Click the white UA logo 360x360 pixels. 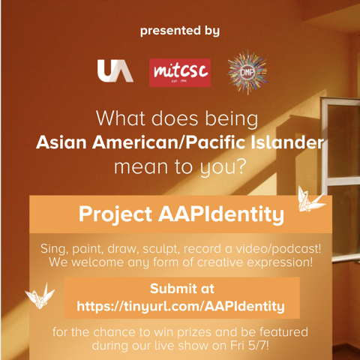(x=115, y=70)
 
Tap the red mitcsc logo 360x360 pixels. (x=180, y=73)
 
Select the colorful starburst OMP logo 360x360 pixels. (x=247, y=72)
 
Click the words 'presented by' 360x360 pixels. (x=180, y=31)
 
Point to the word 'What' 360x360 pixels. (x=121, y=118)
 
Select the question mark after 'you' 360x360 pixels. (x=241, y=166)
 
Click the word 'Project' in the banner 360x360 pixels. (x=115, y=215)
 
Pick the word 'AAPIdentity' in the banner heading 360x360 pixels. (x=221, y=215)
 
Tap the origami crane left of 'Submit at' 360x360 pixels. (x=40, y=295)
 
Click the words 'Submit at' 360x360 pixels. (x=182, y=289)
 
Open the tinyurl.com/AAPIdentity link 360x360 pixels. (x=181, y=307)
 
